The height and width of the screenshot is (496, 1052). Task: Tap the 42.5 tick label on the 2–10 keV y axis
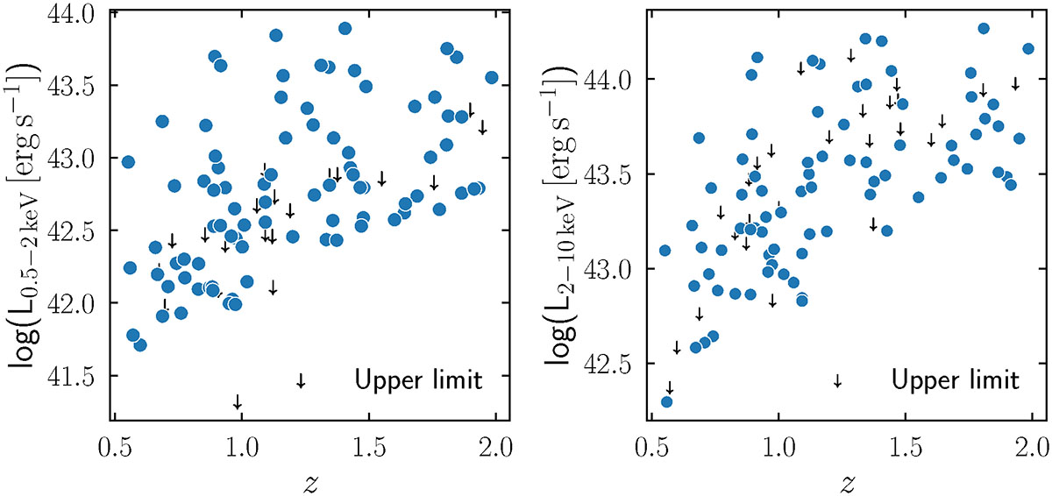tap(615, 363)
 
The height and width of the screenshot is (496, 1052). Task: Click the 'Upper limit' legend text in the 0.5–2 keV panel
tap(419, 380)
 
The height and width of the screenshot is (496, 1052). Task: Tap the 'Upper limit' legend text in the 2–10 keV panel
tap(956, 380)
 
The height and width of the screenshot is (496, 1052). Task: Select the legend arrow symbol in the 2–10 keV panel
tap(837, 380)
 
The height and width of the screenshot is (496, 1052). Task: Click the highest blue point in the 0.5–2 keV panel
tap(345, 28)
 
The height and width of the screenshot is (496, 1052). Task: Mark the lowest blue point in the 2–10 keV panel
tap(666, 401)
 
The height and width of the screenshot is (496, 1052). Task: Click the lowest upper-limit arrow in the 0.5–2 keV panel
tap(237, 401)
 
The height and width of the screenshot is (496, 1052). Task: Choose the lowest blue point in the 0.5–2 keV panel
tap(140, 344)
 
